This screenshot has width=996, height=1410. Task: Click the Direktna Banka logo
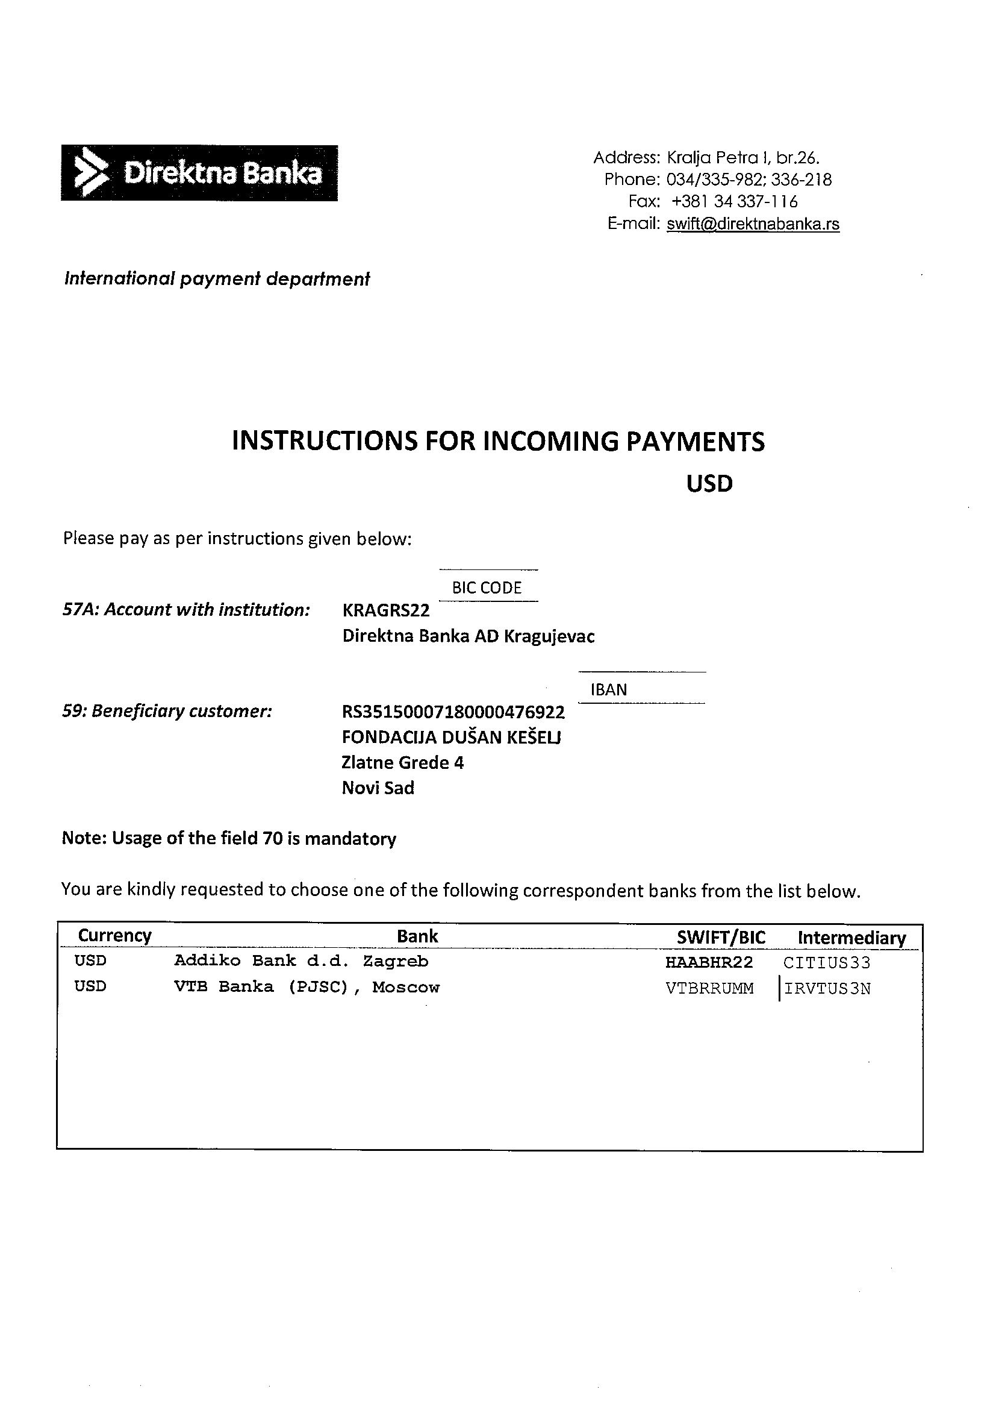(199, 173)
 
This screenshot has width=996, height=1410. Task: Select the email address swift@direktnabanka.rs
(753, 224)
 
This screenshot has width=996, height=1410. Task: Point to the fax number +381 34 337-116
(734, 202)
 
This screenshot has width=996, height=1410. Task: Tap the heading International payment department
(217, 280)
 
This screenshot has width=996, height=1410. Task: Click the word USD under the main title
(709, 484)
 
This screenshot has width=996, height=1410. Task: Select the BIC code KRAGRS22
(386, 610)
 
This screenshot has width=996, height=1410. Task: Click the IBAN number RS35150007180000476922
(453, 712)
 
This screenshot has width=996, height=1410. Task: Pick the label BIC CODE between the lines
(487, 588)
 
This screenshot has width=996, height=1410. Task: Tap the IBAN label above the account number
(609, 690)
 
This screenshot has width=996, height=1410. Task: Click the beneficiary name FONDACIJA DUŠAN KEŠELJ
(451, 738)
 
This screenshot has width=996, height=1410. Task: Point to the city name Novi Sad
(378, 789)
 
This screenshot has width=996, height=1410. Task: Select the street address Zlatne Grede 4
(403, 763)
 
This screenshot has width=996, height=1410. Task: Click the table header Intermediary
(851, 938)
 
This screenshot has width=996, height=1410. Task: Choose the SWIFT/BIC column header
(721, 937)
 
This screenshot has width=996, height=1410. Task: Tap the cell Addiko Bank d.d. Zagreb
(300, 961)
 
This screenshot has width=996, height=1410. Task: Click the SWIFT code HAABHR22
(709, 962)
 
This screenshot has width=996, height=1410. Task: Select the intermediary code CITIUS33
(827, 962)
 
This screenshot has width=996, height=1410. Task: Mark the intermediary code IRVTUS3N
(827, 989)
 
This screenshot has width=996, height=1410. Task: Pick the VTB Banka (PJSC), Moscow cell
(307, 988)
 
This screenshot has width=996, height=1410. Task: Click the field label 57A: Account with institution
(186, 610)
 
